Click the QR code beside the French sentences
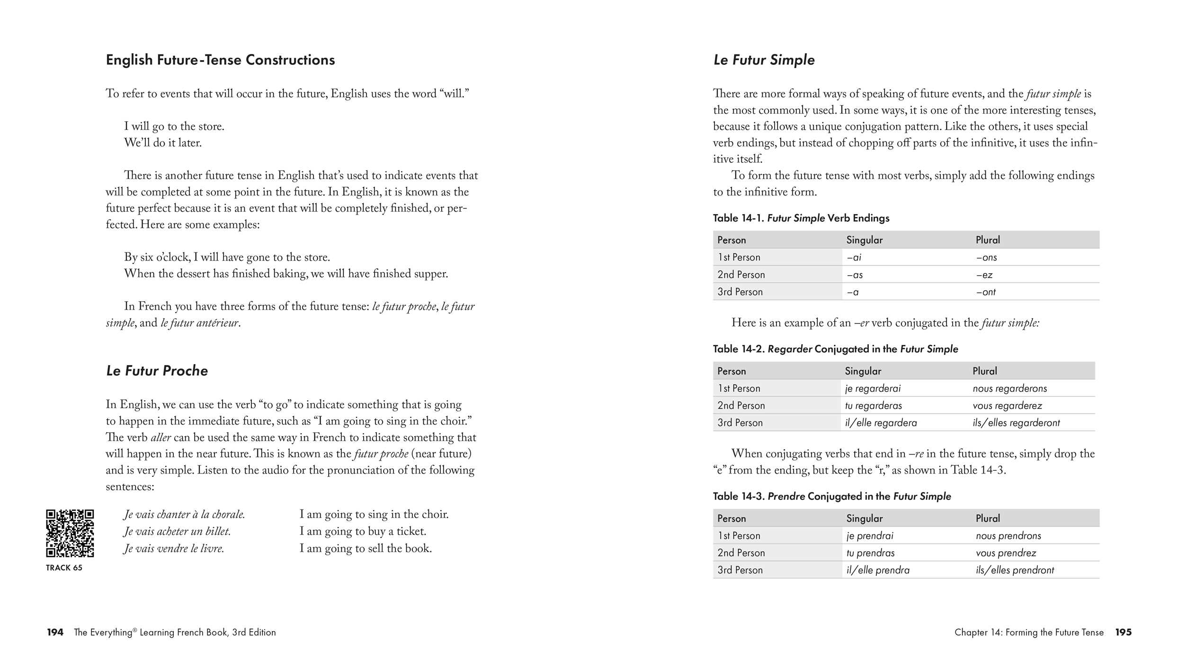(x=70, y=533)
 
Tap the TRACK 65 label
(x=64, y=567)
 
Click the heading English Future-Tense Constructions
(x=220, y=60)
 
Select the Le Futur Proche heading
(x=157, y=370)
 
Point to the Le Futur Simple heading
(x=764, y=60)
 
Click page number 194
(x=55, y=632)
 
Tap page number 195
(x=1123, y=632)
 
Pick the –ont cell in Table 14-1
(x=986, y=292)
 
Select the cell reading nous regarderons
(x=1009, y=388)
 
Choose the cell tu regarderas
(x=873, y=405)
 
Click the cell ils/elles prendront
(x=1015, y=570)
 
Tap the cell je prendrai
(x=870, y=536)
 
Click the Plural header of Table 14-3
(x=988, y=518)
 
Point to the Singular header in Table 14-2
(x=863, y=371)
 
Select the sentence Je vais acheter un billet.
(x=177, y=531)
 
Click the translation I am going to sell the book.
(x=366, y=548)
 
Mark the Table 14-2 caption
(x=835, y=349)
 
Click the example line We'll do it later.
(x=162, y=143)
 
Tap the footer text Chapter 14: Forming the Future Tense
(x=1028, y=632)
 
